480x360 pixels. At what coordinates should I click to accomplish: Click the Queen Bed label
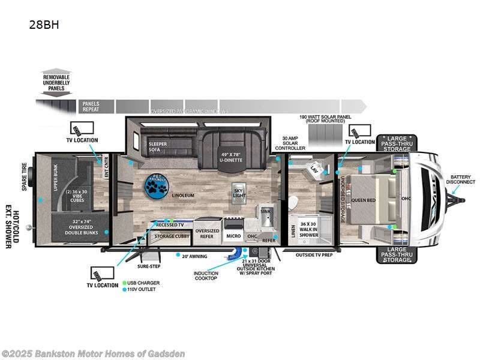click(x=364, y=200)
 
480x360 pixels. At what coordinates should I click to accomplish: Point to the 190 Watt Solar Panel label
click(x=324, y=121)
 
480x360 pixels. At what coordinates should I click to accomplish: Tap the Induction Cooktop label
click(x=206, y=277)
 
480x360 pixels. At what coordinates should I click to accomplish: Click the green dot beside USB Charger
click(x=125, y=282)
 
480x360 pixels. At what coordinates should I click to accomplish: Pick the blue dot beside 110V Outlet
click(x=125, y=289)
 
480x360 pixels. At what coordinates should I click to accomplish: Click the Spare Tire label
click(x=25, y=178)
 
